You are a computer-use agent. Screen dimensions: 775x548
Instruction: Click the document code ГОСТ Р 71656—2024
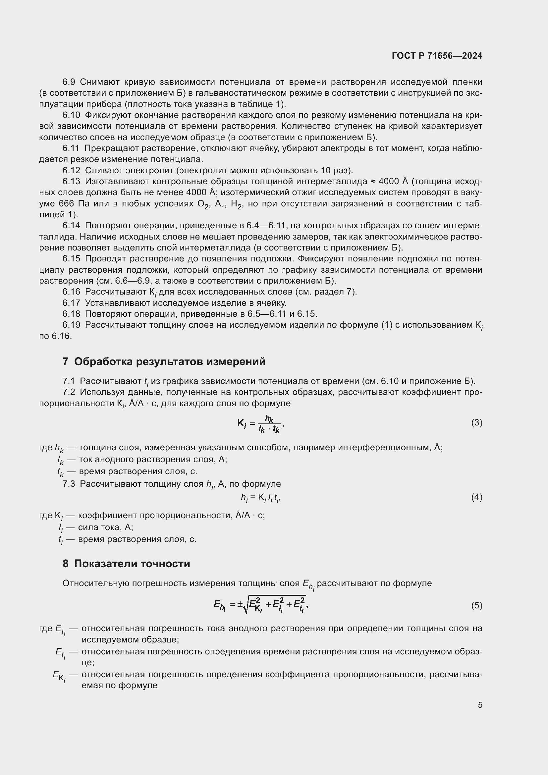pyautogui.click(x=437, y=56)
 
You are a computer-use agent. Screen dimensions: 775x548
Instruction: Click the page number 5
pyautogui.click(x=480, y=705)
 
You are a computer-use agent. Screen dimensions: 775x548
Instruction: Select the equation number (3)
pyautogui.click(x=476, y=422)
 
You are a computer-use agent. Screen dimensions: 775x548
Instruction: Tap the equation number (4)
pyautogui.click(x=476, y=497)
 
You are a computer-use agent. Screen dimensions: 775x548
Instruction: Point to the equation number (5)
pyautogui.click(x=476, y=605)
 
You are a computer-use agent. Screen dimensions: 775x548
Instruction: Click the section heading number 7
pyautogui.click(x=65, y=361)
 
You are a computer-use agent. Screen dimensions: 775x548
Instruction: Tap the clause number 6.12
pyautogui.click(x=71, y=170)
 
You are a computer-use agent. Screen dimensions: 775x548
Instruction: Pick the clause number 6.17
pyautogui.click(x=71, y=303)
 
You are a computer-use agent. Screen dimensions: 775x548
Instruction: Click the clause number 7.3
pyautogui.click(x=69, y=484)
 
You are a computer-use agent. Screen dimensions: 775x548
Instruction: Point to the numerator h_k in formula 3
pyautogui.click(x=269, y=419)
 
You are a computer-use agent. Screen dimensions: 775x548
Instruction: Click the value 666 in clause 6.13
pyautogui.click(x=66, y=203)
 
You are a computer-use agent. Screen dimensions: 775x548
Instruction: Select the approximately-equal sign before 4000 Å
pyautogui.click(x=373, y=182)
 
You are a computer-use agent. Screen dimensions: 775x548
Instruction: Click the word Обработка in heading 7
pyautogui.click(x=103, y=361)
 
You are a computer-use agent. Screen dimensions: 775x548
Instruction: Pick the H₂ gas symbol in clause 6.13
pyautogui.click(x=236, y=204)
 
